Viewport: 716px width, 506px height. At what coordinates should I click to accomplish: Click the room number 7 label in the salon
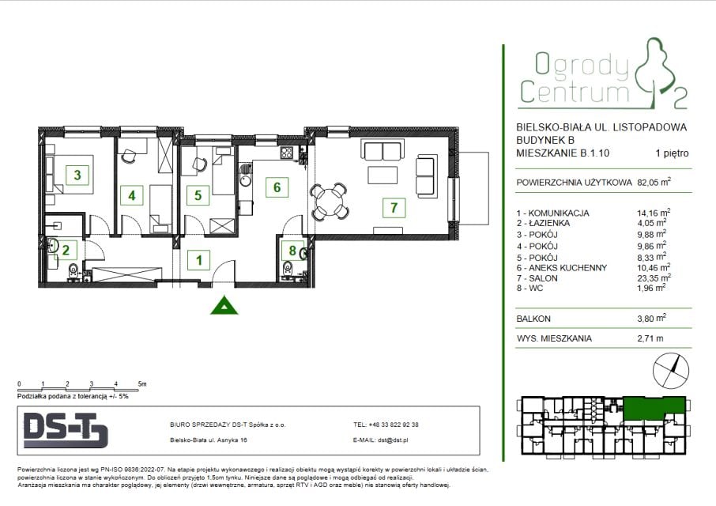coord(394,207)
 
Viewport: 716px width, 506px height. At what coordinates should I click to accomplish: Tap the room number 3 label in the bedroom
coord(77,175)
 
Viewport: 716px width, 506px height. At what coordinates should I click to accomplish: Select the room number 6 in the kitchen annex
coord(277,187)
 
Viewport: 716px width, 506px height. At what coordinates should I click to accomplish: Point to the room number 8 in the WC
coord(292,251)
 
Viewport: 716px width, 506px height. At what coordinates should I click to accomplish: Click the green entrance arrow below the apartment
coord(224,305)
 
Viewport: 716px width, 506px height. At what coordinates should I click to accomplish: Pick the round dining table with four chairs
coord(329,202)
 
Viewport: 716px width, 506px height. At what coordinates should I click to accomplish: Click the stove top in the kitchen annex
coord(287,153)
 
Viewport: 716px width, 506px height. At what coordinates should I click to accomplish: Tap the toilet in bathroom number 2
coord(73,271)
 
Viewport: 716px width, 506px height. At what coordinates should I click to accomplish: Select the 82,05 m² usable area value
coord(654,182)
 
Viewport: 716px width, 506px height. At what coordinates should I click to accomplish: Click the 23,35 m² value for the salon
coord(654,278)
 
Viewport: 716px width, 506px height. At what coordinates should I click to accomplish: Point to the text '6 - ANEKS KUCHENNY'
coord(562,268)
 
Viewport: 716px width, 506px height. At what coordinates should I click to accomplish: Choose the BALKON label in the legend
coord(533,319)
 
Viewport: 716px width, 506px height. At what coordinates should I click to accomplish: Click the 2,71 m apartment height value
coord(650,338)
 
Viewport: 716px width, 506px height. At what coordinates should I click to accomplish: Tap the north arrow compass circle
coord(671,370)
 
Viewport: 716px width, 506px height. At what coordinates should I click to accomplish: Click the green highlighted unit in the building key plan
coord(654,408)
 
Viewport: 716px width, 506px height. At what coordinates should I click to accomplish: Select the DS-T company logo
coord(66,430)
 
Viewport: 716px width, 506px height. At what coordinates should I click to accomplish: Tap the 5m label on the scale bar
coord(142,384)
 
